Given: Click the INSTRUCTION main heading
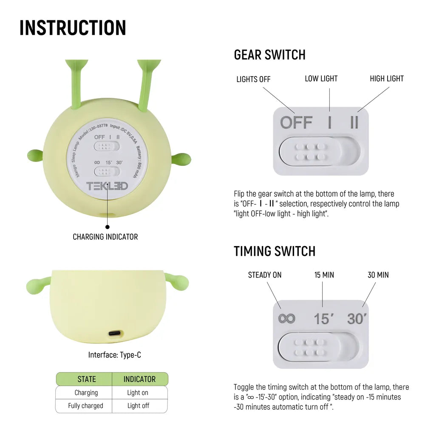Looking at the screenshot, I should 73,28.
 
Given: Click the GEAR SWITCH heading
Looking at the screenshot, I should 269,55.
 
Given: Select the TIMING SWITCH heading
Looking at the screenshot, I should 274,251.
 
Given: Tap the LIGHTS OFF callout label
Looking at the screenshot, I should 253,79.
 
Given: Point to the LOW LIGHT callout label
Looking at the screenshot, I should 321,79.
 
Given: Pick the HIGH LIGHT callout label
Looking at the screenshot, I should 386,79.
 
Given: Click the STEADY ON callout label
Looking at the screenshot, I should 264,275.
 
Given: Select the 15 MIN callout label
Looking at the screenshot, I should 324,275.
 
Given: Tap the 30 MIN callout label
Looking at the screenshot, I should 378,275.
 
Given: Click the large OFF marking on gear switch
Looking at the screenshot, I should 296,122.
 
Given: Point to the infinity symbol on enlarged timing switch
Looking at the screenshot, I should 287,318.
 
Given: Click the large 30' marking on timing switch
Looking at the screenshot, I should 356,318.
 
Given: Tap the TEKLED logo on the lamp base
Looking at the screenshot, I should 107,186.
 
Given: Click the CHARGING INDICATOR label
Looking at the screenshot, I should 105,237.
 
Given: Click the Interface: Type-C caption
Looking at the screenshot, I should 114,354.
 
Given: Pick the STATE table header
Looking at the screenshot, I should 86,379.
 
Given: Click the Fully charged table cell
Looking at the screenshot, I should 85,405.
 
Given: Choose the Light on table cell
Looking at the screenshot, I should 138,392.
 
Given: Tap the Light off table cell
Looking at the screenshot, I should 138,405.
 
